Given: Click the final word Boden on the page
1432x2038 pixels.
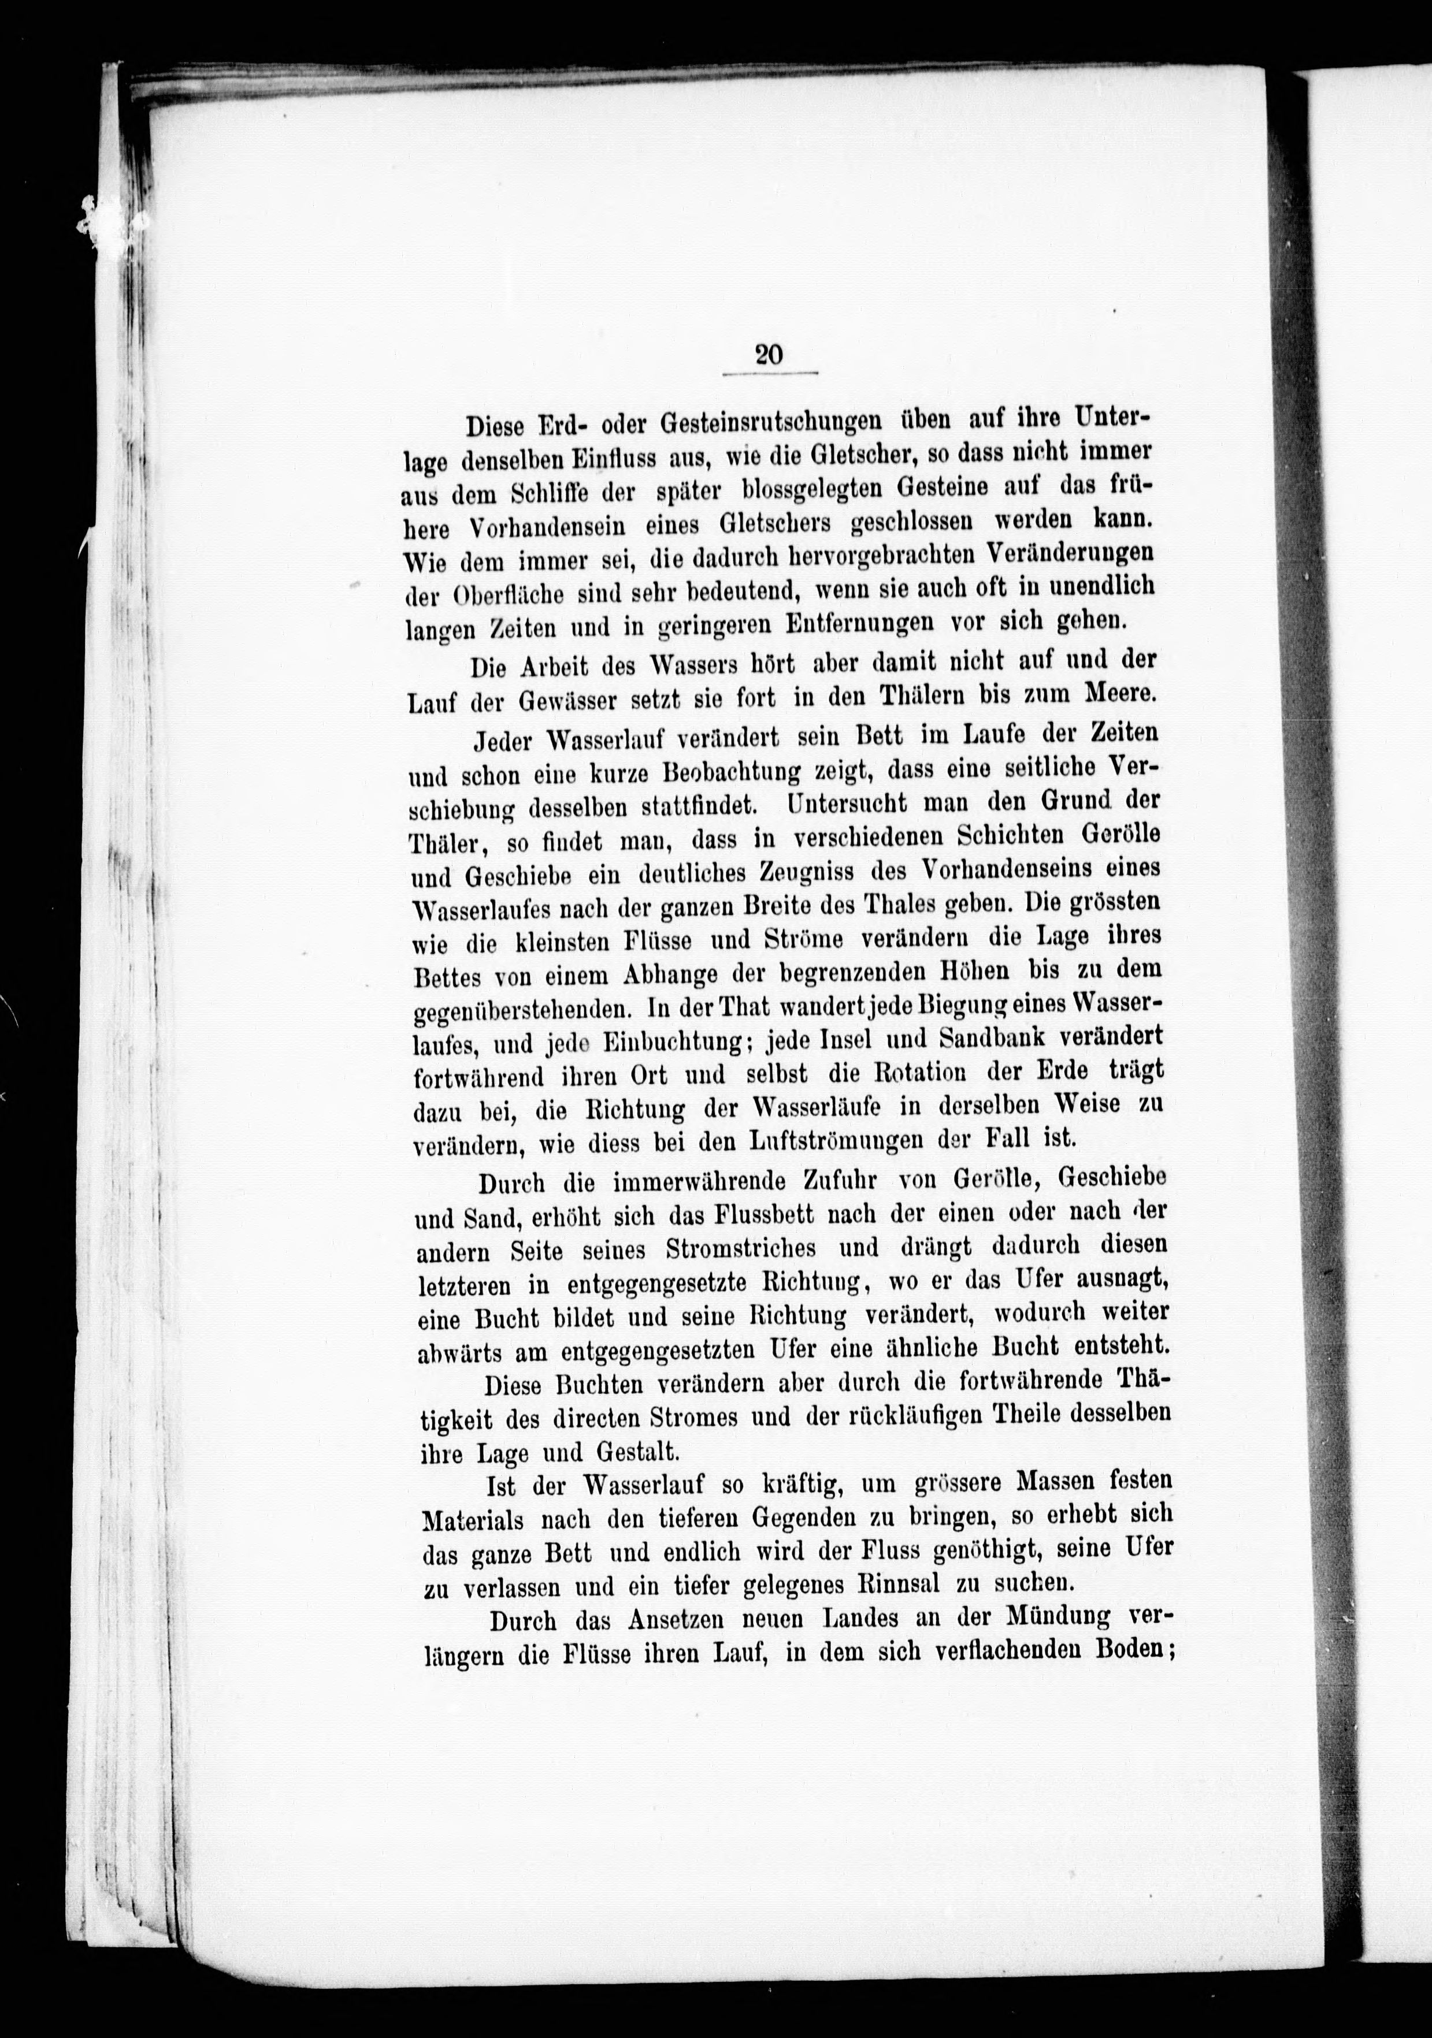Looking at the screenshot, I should click(x=1116, y=1652).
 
